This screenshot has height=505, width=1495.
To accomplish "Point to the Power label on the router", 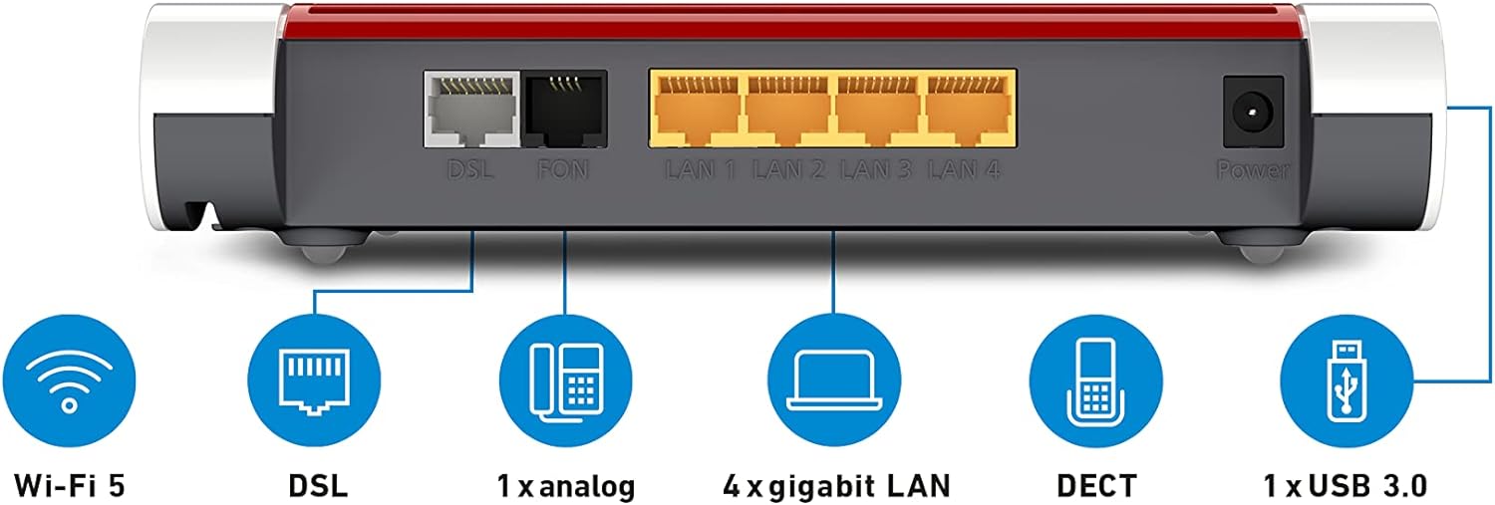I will tap(1252, 171).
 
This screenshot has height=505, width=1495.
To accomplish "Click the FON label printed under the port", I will tap(564, 170).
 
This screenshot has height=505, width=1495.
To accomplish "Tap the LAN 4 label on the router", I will tap(964, 170).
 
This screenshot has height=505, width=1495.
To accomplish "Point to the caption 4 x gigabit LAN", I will tap(836, 485).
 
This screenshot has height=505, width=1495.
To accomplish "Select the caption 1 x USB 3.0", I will tap(1345, 485).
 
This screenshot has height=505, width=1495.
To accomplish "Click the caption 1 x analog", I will tap(566, 485).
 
